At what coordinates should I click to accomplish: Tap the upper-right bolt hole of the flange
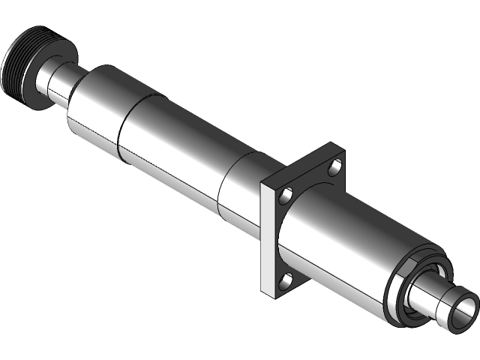point(337,164)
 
